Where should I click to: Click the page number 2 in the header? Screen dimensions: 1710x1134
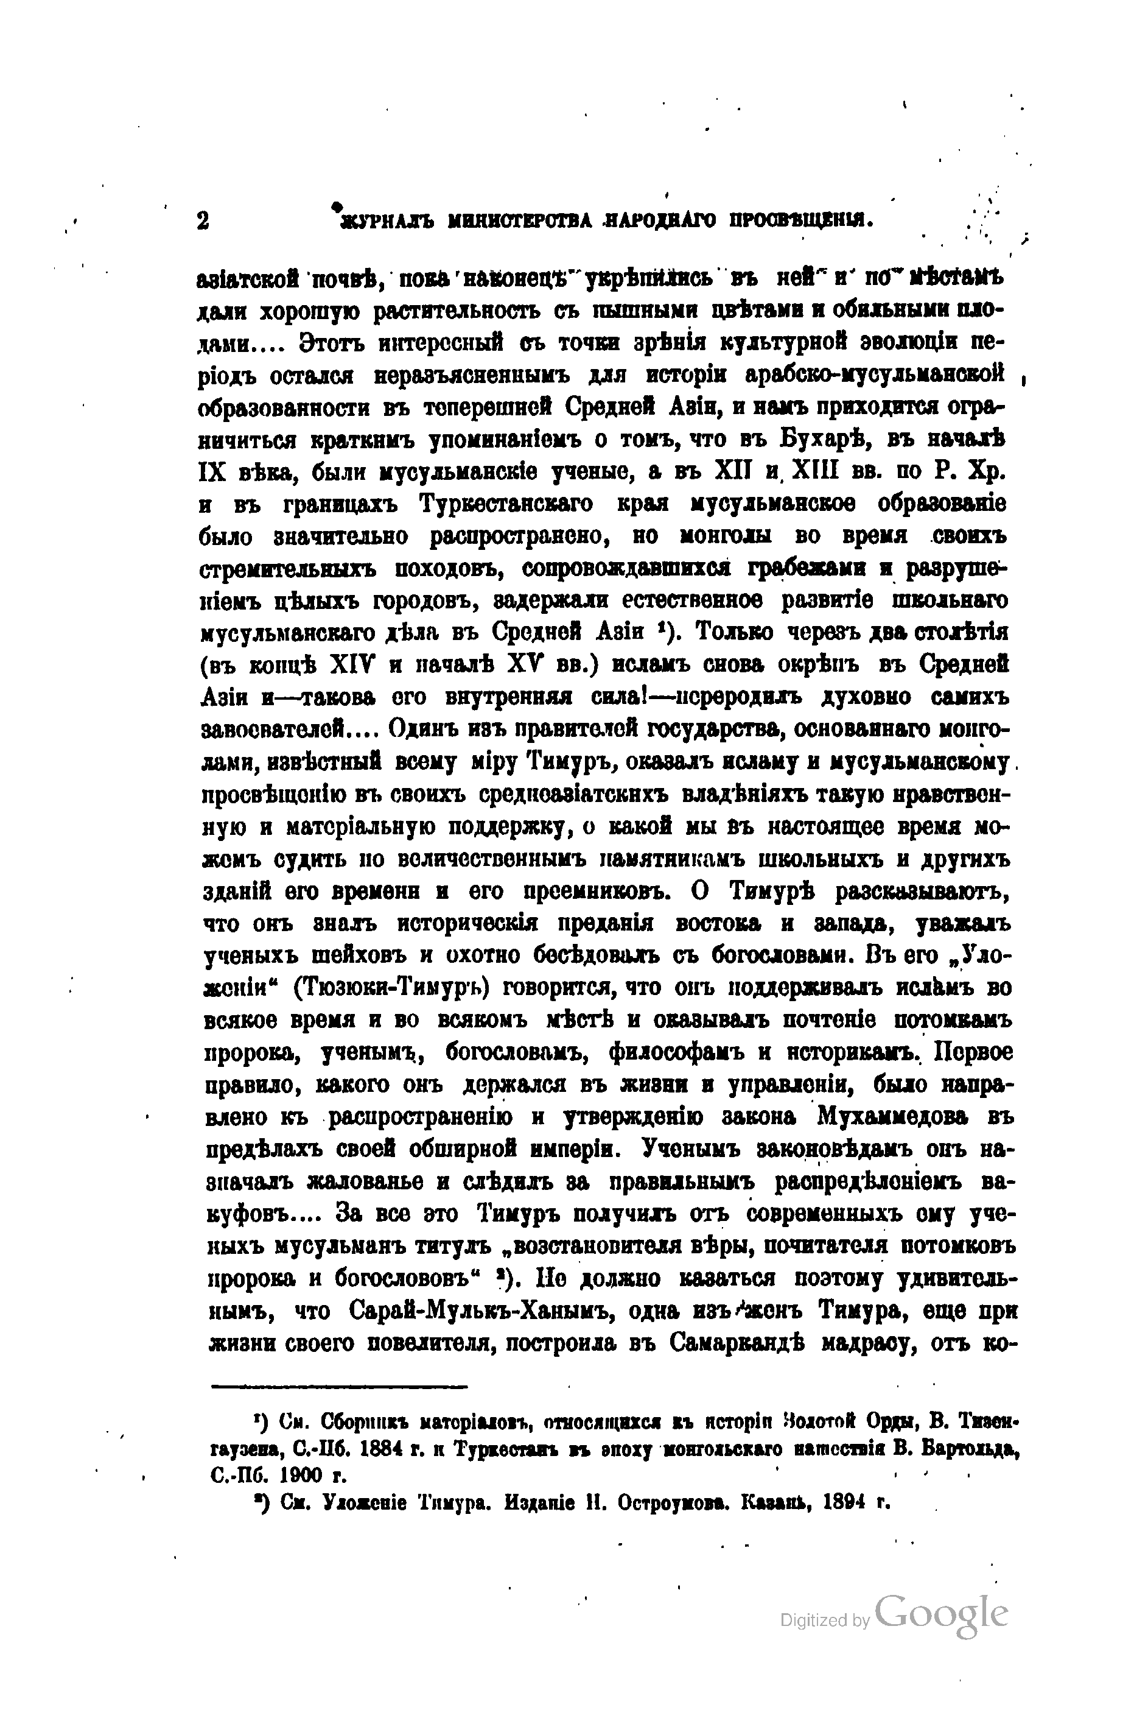(203, 220)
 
